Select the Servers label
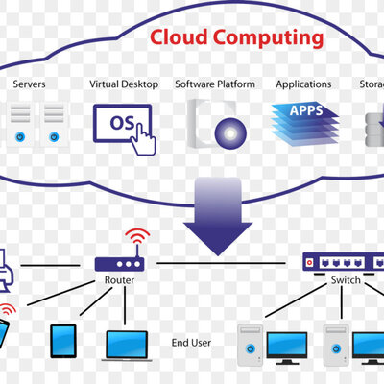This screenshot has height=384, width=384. click(30, 84)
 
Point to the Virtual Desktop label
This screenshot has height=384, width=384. click(124, 84)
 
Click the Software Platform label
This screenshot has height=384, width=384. click(215, 84)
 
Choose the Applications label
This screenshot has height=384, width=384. click(303, 84)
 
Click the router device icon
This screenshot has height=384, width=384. click(119, 261)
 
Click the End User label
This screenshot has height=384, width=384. click(192, 341)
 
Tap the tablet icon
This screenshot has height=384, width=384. click(63, 339)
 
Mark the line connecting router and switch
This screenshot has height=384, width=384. click(221, 262)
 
